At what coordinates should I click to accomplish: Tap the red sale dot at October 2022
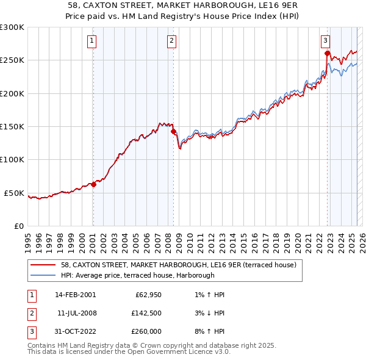tap(328, 54)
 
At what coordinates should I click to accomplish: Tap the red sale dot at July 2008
tap(173, 131)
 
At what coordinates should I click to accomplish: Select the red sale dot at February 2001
tap(93, 184)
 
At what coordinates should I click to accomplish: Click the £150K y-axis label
tap(12, 127)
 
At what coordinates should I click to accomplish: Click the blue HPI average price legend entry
tap(137, 276)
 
